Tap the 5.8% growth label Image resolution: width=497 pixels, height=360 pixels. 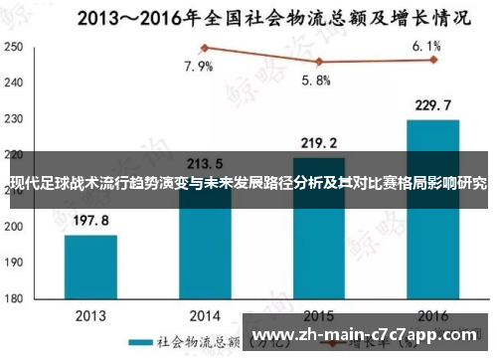point(315,81)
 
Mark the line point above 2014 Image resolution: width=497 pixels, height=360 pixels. point(204,48)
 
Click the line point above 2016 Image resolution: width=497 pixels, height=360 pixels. point(432,60)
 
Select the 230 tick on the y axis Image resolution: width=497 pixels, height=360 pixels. point(14,119)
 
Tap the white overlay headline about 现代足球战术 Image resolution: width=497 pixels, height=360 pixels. point(248,185)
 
